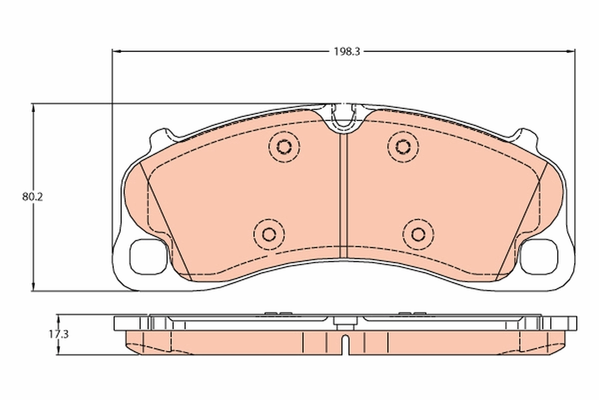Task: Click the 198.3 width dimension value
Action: [343, 51]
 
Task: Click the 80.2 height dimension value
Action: [32, 196]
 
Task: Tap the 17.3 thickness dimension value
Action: [58, 334]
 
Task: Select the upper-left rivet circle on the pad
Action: [284, 146]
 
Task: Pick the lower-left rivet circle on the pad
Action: [269, 233]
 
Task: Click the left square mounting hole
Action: [147, 256]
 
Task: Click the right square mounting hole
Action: [539, 256]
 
